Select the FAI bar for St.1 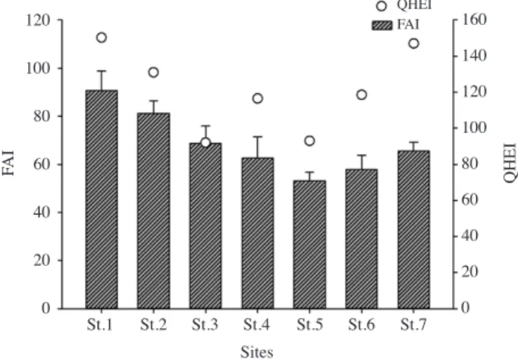coord(102,199)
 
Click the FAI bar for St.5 coord(309,244)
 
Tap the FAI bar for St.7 coord(413,230)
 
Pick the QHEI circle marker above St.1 coord(102,38)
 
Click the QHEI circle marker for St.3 coord(206,142)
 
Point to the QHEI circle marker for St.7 coord(413,43)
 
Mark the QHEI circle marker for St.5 coord(309,141)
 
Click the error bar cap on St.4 coord(258,136)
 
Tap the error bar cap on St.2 coord(154,100)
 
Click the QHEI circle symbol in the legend coord(381,6)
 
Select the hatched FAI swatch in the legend coord(382,26)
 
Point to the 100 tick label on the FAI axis coord(38,69)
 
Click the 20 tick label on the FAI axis coord(42,261)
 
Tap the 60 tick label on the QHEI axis coord(469,200)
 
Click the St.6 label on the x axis coord(362,325)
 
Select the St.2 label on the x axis coord(153,325)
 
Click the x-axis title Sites coord(256,352)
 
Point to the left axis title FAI coord(8,163)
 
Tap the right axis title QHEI coord(510,163)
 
